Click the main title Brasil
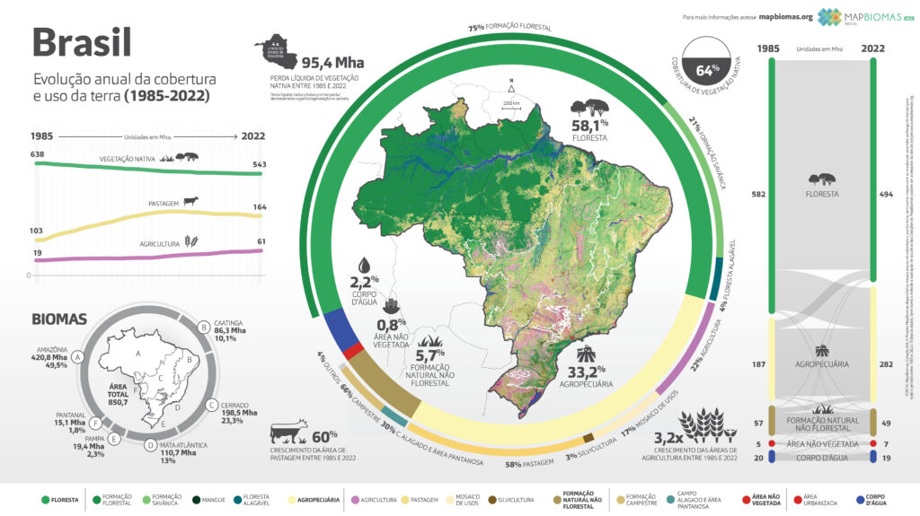pyautogui.click(x=82, y=42)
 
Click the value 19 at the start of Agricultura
pyautogui.click(x=37, y=254)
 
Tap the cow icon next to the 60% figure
pyautogui.click(x=288, y=429)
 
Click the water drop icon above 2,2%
pyautogui.click(x=364, y=265)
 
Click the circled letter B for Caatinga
pyautogui.click(x=204, y=327)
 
